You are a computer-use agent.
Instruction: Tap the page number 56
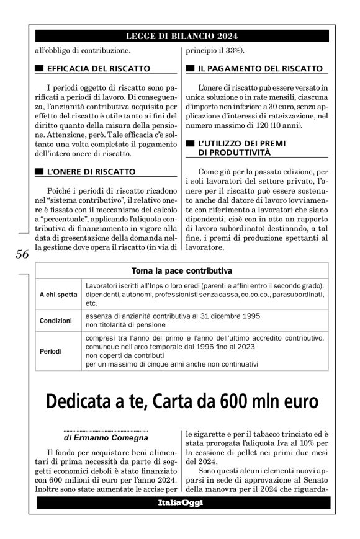point(21,254)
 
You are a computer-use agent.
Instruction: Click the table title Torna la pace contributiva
point(182,270)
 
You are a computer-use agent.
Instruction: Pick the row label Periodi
point(52,350)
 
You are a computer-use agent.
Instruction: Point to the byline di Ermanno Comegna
point(106,439)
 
